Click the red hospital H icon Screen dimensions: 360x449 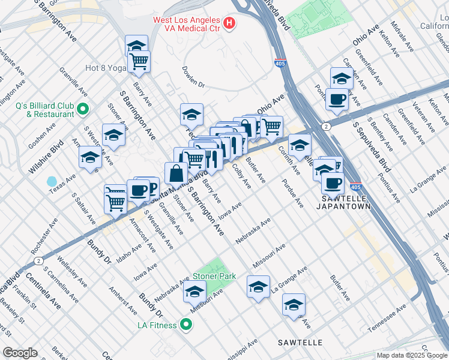click(229, 23)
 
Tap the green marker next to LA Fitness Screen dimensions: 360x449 click(186, 325)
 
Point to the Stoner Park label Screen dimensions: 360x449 click(213, 277)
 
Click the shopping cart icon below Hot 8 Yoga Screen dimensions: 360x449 click(139, 60)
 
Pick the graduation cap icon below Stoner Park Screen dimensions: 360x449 click(194, 292)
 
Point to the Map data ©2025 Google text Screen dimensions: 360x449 click(411, 355)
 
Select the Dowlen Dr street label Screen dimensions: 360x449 click(194, 77)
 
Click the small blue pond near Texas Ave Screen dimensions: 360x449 click(52, 181)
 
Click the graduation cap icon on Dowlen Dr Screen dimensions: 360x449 click(191, 114)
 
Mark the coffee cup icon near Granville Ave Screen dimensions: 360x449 click(139, 190)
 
